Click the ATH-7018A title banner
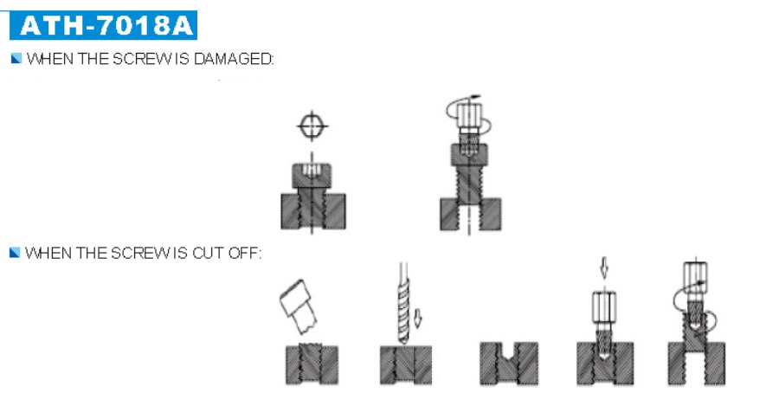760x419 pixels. click(103, 25)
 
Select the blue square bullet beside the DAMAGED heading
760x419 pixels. click(16, 59)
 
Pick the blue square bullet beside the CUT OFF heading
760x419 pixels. click(15, 253)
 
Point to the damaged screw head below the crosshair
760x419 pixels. click(312, 176)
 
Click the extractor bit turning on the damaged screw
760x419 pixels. click(468, 126)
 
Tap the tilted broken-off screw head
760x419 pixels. click(298, 306)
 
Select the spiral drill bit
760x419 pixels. click(403, 303)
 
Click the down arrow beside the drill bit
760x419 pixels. click(418, 319)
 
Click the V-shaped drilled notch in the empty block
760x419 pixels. click(508, 351)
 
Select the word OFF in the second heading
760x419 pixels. click(245, 253)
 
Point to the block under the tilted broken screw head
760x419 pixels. click(312, 364)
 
